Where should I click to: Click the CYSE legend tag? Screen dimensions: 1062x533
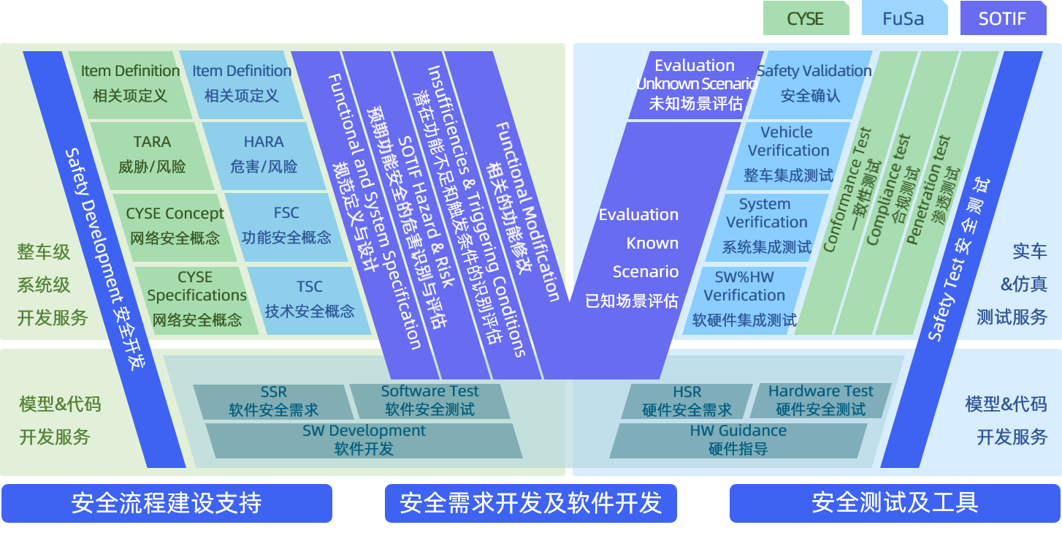point(806,18)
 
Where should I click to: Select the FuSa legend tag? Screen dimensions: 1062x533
point(904,18)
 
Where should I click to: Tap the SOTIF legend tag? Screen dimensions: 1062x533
point(1003,18)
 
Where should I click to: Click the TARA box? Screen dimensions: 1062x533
point(152,156)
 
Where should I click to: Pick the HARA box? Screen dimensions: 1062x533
point(264,156)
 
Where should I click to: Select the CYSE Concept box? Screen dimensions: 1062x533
point(175,227)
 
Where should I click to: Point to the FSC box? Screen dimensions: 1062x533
point(286,227)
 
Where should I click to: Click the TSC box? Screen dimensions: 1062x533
point(309,300)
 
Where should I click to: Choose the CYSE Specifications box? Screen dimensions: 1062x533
point(197,300)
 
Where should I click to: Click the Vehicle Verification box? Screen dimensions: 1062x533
point(788,156)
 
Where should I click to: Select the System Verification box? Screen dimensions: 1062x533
point(766,227)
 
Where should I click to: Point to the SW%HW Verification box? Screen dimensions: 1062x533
point(744,300)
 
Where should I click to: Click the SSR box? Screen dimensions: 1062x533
point(274,401)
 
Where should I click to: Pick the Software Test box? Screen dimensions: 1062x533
point(429,401)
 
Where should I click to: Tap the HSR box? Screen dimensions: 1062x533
point(687,401)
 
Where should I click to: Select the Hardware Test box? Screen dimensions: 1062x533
point(820,401)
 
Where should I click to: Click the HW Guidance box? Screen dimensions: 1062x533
point(738,441)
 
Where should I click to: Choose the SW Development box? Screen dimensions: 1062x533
point(364,441)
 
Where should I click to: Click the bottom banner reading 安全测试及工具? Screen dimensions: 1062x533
point(895,503)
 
